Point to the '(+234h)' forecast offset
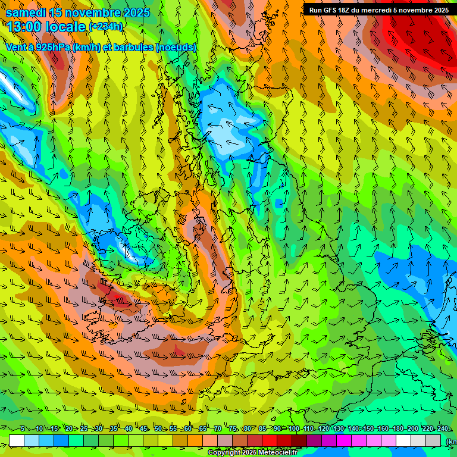105,26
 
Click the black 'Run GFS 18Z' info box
378,10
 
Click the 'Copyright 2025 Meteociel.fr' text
252,453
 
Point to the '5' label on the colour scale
23,428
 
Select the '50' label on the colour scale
158,428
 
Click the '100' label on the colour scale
293,428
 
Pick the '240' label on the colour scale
443,428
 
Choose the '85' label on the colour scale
263,428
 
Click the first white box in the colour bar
17,440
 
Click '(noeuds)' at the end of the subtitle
176,47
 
